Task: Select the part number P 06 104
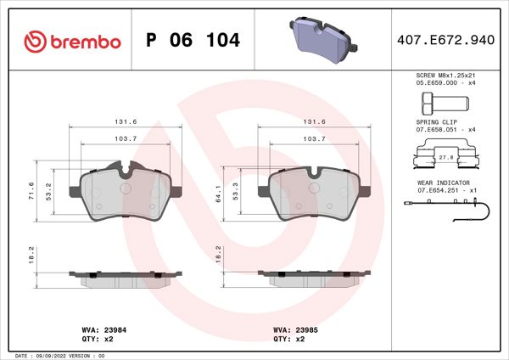click(193, 41)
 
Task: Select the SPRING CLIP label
click(434, 122)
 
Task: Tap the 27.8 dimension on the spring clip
click(444, 157)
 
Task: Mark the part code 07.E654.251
click(433, 190)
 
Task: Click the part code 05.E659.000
click(433, 84)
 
